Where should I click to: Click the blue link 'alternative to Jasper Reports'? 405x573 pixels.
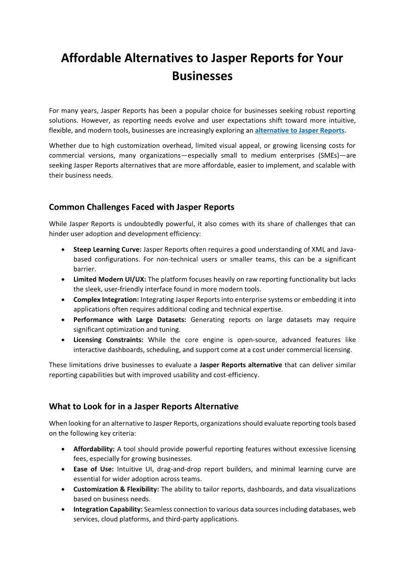[299, 130]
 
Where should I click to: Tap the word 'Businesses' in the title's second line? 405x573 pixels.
[202, 77]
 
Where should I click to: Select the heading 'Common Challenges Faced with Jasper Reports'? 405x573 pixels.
[141, 207]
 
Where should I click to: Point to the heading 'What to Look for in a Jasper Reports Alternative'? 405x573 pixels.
[143, 407]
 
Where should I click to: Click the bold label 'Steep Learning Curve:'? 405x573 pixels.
[107, 250]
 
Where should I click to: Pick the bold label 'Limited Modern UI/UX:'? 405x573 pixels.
[109, 280]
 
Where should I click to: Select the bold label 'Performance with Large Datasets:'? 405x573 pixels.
[130, 320]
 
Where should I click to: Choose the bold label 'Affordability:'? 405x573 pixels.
[94, 449]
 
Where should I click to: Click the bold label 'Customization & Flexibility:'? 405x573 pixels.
[116, 489]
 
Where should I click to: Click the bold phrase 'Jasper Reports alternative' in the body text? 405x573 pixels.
[241, 365]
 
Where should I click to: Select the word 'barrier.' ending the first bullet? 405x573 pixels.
[85, 269]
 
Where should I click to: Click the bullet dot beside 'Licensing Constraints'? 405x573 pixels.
[62, 340]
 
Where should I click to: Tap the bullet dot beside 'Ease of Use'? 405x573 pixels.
[62, 469]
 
